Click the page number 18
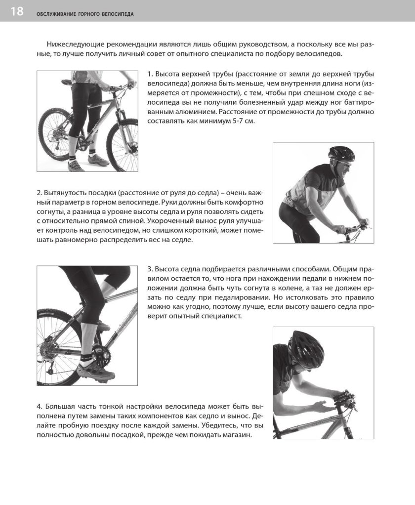17,11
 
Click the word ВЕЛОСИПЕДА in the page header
118,14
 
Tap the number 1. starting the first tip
150,74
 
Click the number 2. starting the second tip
40,192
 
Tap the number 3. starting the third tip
150,269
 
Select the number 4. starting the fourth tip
40,407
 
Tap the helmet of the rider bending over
307,350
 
